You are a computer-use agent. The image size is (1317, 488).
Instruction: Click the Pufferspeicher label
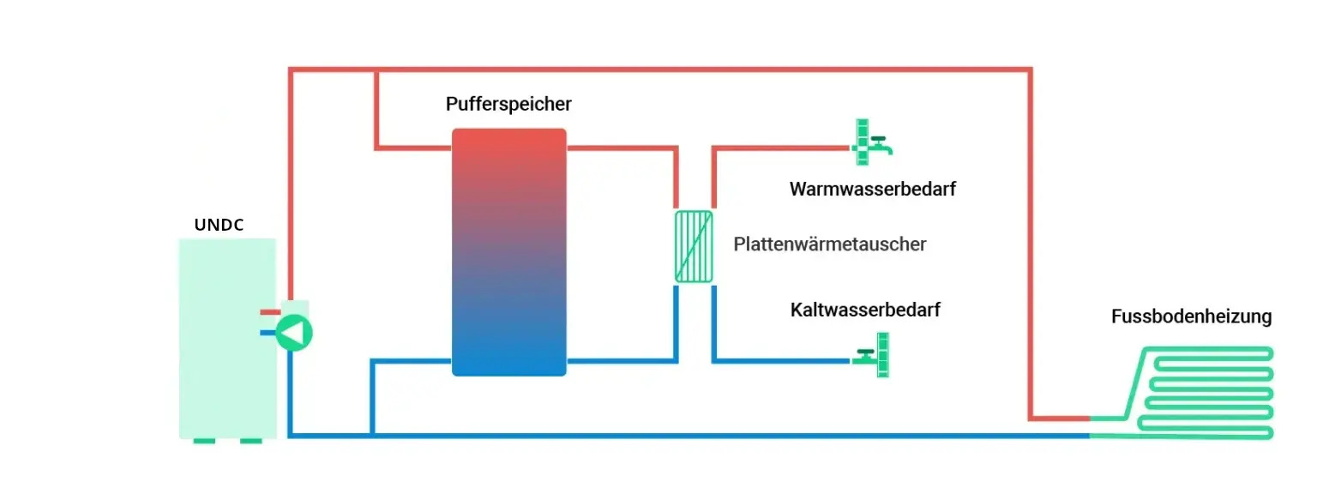508,105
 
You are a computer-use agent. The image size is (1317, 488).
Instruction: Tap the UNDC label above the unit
219,226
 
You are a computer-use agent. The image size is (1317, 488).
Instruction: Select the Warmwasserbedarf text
872,190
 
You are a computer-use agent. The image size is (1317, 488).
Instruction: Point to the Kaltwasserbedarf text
864,310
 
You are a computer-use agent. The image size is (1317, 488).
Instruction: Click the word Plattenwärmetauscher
829,244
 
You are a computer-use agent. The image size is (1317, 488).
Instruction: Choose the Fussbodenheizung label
1191,316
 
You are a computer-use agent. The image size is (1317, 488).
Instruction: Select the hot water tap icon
870,142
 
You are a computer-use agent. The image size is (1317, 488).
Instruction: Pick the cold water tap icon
875,356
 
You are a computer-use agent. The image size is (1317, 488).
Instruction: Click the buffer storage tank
508,252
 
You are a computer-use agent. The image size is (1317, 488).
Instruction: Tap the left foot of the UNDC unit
204,442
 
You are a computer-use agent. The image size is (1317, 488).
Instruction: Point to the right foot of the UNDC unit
250,442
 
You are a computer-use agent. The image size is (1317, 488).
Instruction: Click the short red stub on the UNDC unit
270,313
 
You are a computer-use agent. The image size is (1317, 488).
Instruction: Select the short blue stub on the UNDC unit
267,333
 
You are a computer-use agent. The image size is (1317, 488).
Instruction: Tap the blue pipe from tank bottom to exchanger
622,361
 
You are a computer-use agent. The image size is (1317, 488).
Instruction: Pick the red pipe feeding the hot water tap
780,148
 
